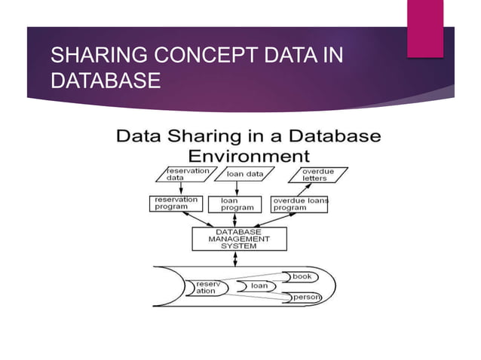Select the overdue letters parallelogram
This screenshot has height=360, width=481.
(x=312, y=175)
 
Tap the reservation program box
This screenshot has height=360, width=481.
(x=176, y=204)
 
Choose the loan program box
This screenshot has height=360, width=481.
(x=239, y=204)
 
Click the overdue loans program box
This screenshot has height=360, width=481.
(x=299, y=204)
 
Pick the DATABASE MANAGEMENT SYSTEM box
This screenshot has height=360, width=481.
(x=239, y=238)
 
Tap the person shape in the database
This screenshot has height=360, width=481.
(x=305, y=298)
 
